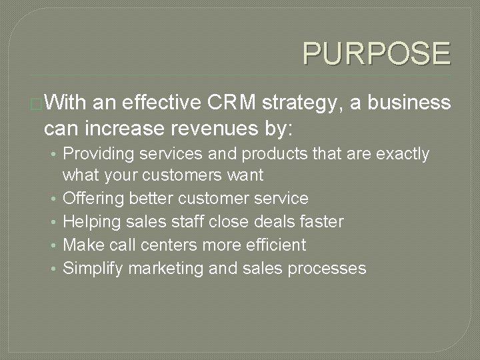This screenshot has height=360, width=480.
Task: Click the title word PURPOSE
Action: pos(376,53)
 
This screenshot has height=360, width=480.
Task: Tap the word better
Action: pos(152,198)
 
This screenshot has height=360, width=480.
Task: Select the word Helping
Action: pos(91,221)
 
